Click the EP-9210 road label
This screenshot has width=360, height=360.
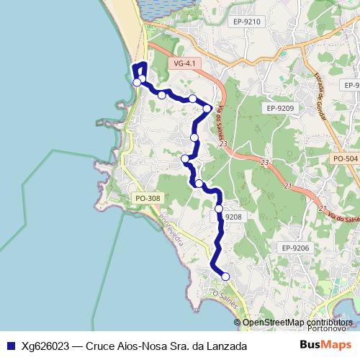(246, 22)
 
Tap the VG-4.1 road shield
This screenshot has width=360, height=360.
(185, 63)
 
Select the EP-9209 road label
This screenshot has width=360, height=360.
(279, 108)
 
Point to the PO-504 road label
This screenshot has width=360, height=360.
(346, 158)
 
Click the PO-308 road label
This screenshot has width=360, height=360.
(148, 198)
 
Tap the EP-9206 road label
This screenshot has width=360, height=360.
(295, 248)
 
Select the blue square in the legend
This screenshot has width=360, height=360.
(10, 346)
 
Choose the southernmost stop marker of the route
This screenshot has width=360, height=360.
(225, 276)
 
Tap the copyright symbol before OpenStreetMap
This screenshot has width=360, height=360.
(238, 322)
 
